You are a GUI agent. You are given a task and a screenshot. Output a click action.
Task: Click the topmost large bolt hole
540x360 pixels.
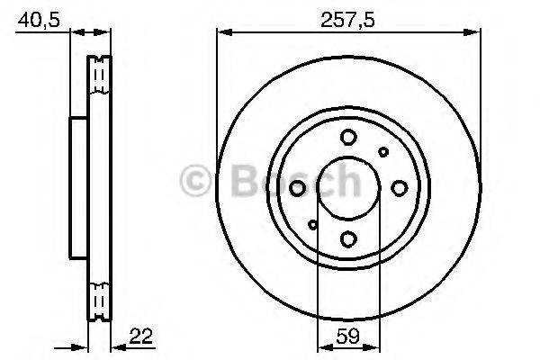point(348,137)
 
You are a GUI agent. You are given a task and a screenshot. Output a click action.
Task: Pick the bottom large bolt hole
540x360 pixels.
point(348,238)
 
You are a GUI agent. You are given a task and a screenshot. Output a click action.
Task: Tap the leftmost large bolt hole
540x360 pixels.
point(298,188)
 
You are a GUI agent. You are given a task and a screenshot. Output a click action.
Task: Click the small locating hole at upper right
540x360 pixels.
point(383,152)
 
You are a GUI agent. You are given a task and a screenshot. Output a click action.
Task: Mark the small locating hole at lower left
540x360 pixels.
point(312,224)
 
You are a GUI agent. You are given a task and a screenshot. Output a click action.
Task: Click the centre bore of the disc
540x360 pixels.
point(348,188)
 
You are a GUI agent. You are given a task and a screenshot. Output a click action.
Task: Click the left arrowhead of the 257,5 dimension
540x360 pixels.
point(221,33)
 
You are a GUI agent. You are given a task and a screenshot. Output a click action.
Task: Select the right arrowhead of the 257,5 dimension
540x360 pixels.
point(472,33)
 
